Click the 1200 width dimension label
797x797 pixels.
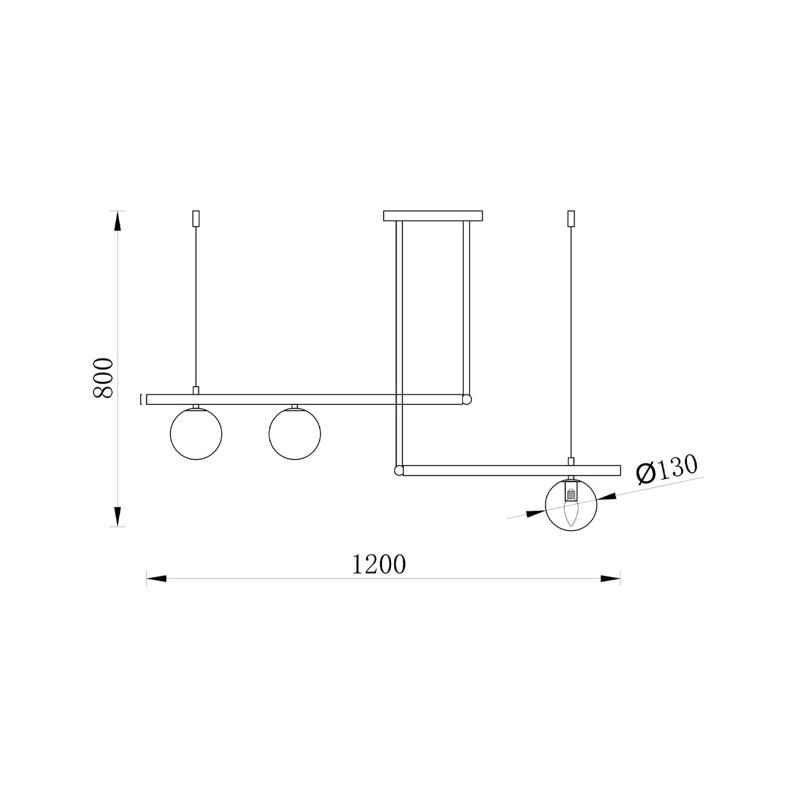point(378,565)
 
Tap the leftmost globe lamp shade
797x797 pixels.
point(196,434)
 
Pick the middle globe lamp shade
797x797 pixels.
point(295,434)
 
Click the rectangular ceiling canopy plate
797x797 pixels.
point(432,216)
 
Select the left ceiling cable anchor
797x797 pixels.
point(196,218)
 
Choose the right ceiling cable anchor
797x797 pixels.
point(571,218)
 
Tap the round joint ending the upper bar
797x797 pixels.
point(467,399)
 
